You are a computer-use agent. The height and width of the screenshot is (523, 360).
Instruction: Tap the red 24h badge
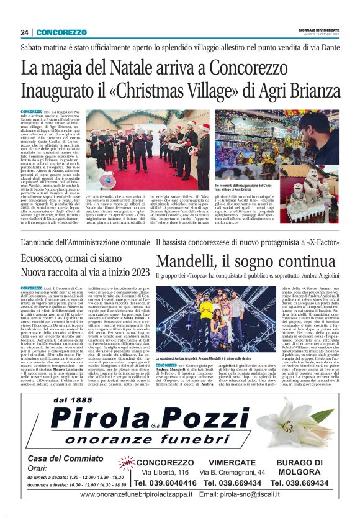(x=126, y=463)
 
